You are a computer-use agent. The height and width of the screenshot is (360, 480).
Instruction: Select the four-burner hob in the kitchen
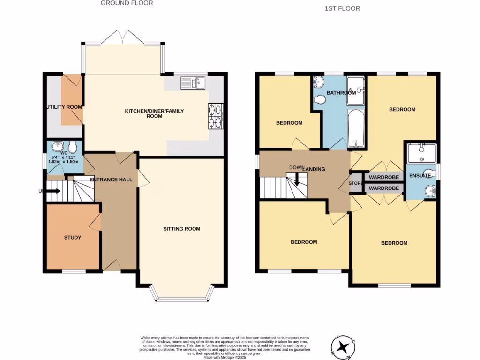coord(215,115)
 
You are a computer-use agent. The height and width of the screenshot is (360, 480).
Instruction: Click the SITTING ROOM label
coord(181,229)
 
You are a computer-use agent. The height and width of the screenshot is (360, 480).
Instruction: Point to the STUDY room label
coord(73,238)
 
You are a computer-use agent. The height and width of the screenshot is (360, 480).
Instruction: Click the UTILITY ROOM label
coord(64,107)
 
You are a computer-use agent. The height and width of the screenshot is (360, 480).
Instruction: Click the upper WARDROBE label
coord(383,178)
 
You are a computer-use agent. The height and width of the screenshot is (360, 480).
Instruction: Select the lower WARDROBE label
coord(383,188)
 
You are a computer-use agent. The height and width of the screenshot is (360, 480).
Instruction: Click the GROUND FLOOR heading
coord(127,3)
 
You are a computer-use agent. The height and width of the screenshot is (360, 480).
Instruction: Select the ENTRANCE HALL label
coord(111,180)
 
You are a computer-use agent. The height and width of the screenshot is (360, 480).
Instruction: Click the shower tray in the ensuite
coord(421,152)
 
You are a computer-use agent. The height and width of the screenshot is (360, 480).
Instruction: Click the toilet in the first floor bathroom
coord(321,99)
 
